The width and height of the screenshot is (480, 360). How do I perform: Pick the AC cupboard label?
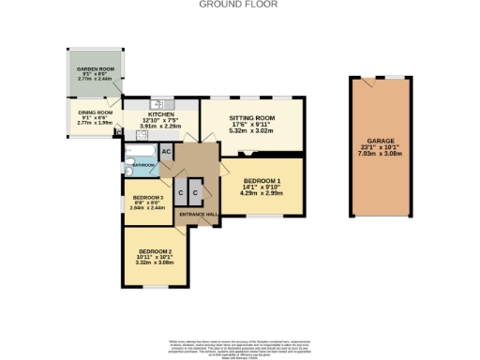(x=165, y=152)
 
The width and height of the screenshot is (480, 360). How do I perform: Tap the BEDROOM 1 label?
(x=262, y=180)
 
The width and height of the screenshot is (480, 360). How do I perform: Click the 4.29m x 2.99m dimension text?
(x=262, y=192)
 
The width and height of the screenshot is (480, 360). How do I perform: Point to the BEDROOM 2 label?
(x=156, y=252)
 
